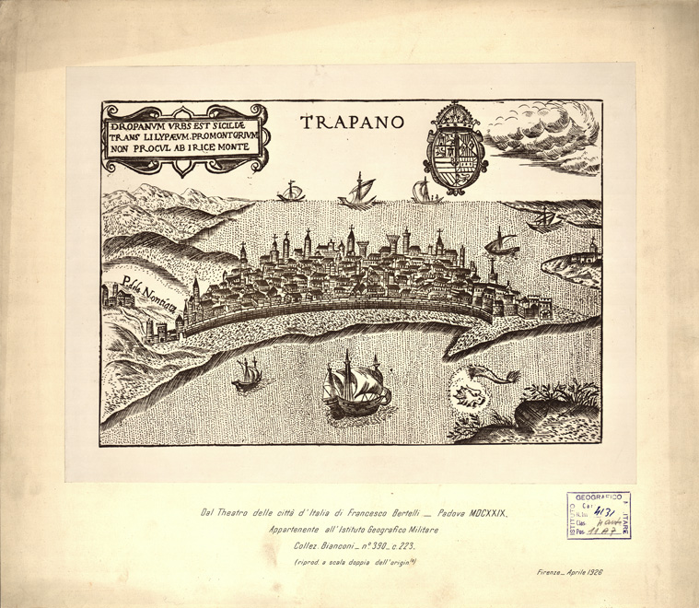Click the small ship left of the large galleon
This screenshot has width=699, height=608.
(247, 374)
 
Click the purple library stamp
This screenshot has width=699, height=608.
(599, 515)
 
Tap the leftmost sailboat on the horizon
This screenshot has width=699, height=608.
(291, 193)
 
